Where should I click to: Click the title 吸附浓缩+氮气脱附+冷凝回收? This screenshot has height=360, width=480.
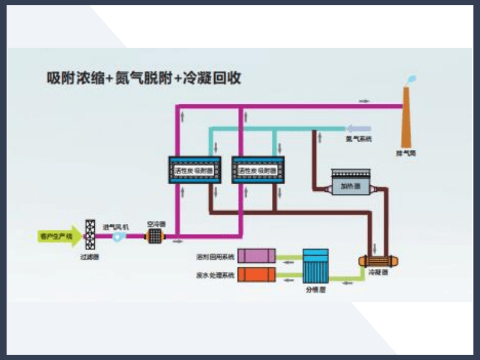point(144,78)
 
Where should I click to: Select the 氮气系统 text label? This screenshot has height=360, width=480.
point(358,139)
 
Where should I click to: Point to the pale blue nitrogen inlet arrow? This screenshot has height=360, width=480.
point(358,128)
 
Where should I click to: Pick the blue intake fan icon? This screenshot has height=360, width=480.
point(118,237)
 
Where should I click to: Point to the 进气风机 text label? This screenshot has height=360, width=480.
point(116,226)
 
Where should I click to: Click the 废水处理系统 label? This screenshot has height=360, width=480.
point(215,275)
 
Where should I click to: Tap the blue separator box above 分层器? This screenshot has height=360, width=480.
point(314,266)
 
